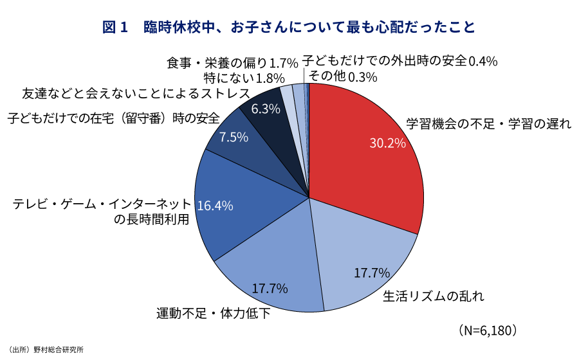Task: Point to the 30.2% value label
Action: click(x=387, y=143)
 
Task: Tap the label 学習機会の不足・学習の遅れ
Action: click(x=488, y=124)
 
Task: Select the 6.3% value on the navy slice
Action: click(x=266, y=109)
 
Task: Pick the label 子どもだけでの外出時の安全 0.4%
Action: click(x=400, y=61)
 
